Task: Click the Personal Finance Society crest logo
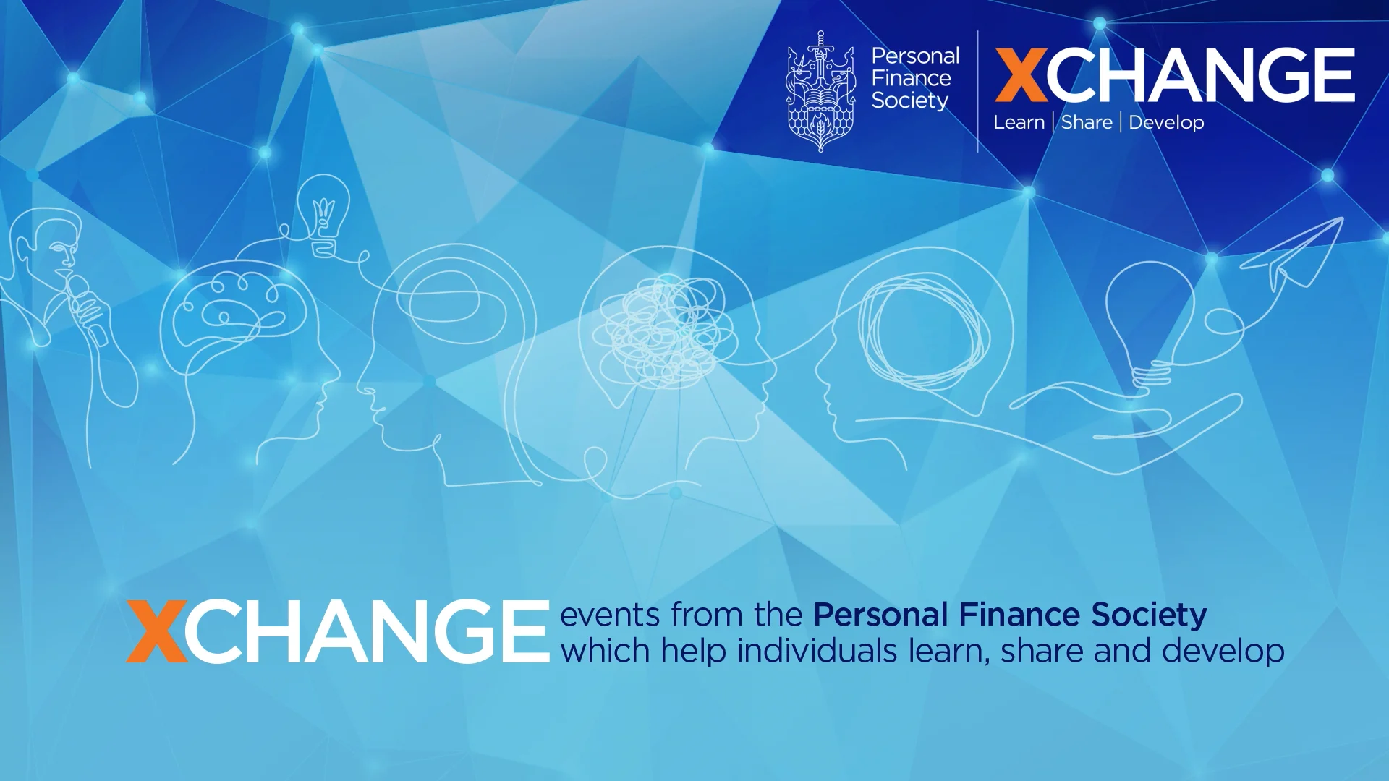pyautogui.click(x=820, y=92)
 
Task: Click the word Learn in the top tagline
pyautogui.click(x=1019, y=122)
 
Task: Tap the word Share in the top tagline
pyautogui.click(x=1087, y=122)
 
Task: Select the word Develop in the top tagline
pyautogui.click(x=1166, y=122)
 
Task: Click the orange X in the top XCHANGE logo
pyautogui.click(x=1021, y=75)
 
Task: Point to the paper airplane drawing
pyautogui.click(x=1295, y=253)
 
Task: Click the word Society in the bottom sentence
pyautogui.click(x=1149, y=615)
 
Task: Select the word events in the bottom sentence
pyautogui.click(x=610, y=615)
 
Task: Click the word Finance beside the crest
pyautogui.click(x=911, y=78)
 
